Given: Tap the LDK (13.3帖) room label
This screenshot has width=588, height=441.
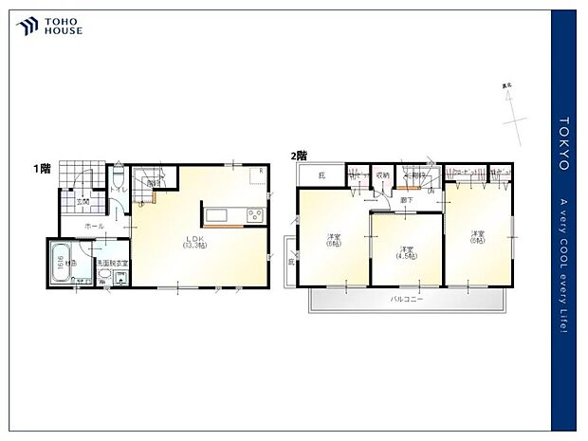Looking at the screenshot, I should click(195, 241).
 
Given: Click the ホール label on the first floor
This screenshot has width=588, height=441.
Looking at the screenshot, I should click(94, 226).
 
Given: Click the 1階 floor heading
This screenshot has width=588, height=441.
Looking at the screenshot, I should click(43, 168).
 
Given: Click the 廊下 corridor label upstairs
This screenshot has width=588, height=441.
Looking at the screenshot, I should click(406, 200).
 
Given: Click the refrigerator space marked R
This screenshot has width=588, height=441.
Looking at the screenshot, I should click(261, 172).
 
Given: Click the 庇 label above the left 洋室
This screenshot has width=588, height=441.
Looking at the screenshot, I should click(321, 175).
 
